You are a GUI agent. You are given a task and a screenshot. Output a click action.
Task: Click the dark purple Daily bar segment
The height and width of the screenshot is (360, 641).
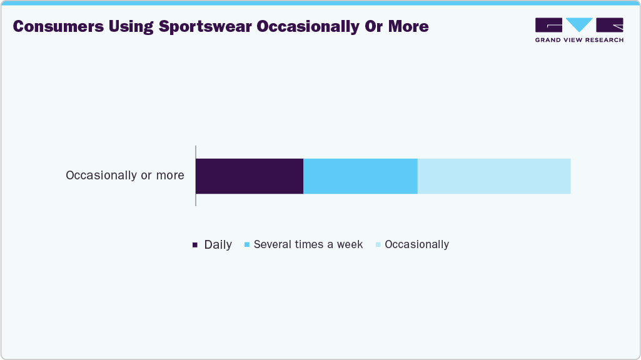250,176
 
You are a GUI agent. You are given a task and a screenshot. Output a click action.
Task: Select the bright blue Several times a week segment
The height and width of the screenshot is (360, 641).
360,176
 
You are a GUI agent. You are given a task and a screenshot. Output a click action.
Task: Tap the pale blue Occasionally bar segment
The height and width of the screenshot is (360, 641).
494,176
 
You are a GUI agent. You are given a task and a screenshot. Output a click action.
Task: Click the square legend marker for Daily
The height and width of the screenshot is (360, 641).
195,245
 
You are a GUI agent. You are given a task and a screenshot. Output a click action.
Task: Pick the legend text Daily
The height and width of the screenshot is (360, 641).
218,245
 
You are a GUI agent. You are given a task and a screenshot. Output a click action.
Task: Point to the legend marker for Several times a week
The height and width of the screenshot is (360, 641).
248,244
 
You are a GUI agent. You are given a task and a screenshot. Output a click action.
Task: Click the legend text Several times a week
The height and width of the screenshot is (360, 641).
308,244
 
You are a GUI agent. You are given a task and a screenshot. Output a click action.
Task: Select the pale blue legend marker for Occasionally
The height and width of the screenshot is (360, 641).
378,244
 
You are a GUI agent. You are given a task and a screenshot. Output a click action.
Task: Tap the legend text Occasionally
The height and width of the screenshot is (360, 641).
416,244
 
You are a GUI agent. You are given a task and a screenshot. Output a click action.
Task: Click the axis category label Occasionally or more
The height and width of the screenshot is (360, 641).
125,176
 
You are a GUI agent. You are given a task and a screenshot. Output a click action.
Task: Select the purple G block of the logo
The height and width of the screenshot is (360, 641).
548,25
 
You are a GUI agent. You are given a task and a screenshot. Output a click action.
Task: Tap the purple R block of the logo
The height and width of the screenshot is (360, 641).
610,25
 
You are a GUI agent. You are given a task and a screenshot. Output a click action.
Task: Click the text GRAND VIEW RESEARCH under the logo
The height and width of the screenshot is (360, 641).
579,40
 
